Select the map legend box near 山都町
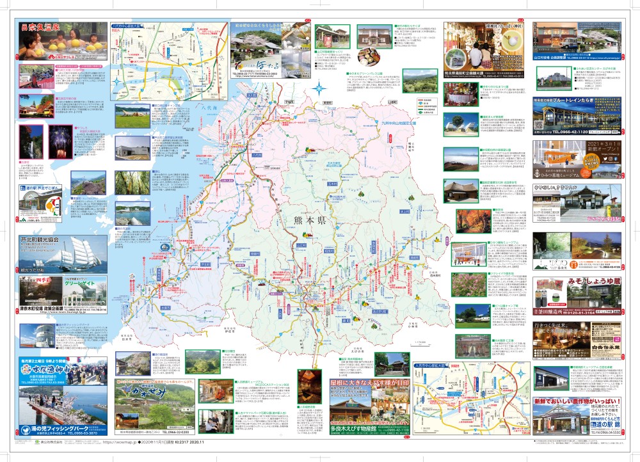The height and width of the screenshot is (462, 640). tap(424, 109)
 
